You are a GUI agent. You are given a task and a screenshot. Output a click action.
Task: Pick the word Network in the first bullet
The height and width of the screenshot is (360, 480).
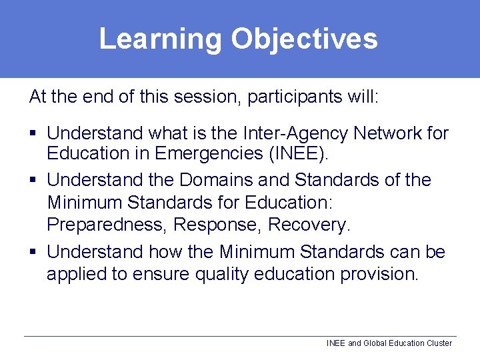[x=388, y=133]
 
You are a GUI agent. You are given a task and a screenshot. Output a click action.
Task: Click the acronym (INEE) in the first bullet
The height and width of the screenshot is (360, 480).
[x=297, y=153]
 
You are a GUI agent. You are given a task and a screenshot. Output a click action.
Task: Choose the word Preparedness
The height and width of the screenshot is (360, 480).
[x=107, y=225]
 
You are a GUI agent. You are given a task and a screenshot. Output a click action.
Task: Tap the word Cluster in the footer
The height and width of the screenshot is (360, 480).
[x=439, y=343]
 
